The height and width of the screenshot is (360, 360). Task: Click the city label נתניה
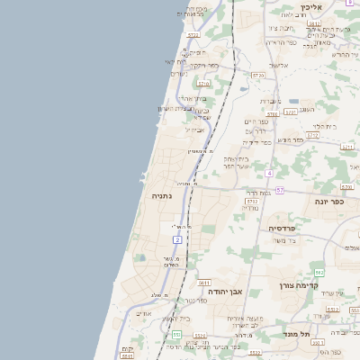[x=162, y=195]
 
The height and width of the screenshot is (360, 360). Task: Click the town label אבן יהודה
[x=229, y=292]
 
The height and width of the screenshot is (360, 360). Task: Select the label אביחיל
[x=195, y=130]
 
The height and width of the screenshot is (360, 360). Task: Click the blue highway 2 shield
[x=178, y=239]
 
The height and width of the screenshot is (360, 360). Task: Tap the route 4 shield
[x=268, y=172]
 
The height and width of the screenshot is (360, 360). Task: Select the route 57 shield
[x=280, y=190]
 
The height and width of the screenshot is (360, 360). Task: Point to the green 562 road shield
[x=319, y=272]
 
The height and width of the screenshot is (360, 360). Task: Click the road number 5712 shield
[x=290, y=112]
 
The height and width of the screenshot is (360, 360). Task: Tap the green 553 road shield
[x=176, y=334]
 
